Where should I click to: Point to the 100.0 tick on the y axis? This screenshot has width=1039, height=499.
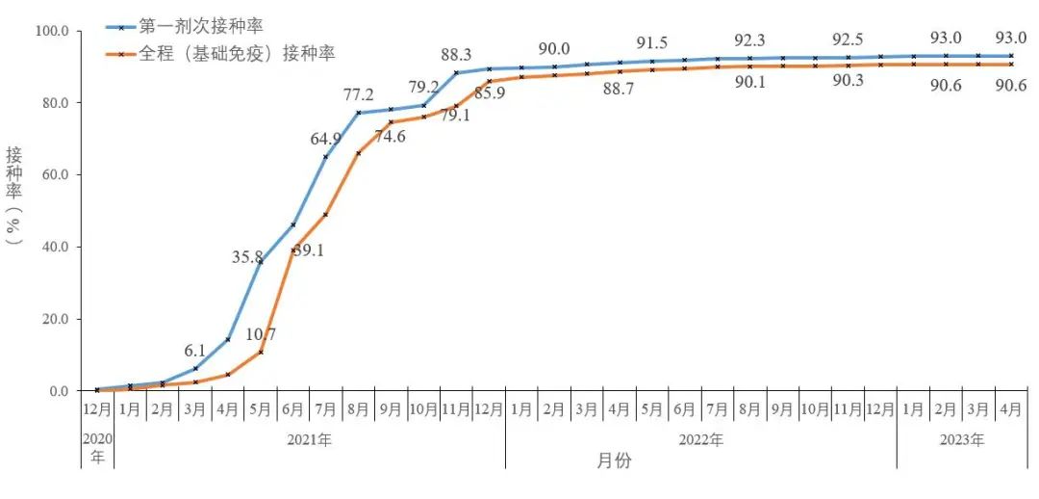[54, 31]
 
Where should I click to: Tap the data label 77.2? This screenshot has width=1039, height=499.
[359, 95]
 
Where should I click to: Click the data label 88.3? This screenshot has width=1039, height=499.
[457, 54]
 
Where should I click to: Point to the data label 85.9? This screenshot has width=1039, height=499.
[490, 94]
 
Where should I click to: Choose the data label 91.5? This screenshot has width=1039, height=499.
[652, 43]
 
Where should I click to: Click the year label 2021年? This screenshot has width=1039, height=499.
[309, 440]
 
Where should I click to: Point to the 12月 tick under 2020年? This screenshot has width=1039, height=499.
[97, 409]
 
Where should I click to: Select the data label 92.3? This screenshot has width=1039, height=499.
[749, 40]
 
